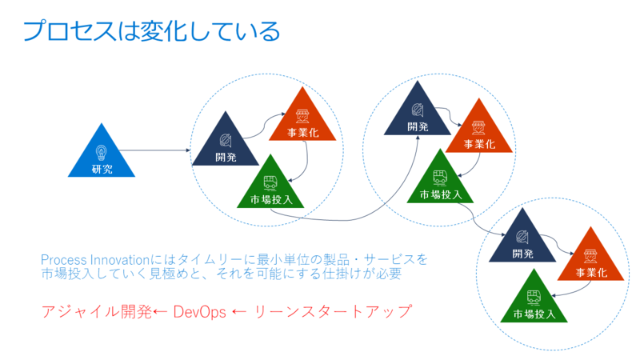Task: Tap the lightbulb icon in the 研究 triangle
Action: (102, 153)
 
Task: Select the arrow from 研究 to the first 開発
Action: (154, 150)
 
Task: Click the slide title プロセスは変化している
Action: (151, 31)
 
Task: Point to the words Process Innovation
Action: (95, 260)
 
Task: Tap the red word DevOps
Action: (199, 312)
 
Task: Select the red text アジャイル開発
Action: (97, 312)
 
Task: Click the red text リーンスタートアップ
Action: (333, 312)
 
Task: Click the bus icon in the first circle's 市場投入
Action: (270, 183)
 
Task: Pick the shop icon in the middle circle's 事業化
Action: (478, 127)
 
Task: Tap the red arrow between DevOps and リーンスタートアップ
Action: (239, 313)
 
